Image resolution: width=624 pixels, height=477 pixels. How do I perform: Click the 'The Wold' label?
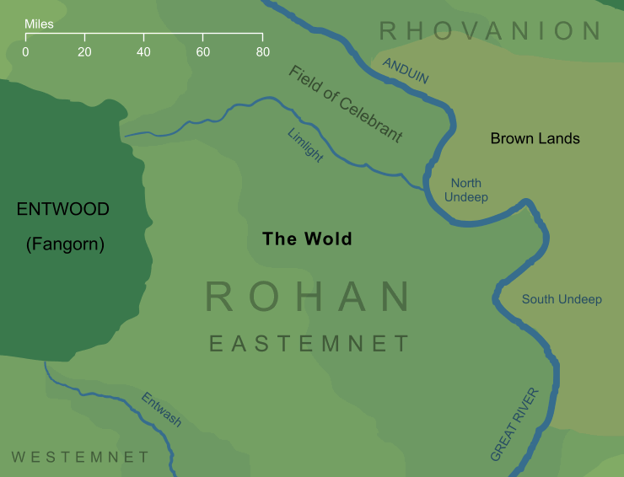coord(307,239)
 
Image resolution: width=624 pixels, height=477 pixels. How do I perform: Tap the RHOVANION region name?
coord(490,32)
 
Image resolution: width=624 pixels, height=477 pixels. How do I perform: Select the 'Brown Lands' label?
coord(535,138)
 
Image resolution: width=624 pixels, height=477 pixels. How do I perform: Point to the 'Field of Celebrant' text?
coord(345,104)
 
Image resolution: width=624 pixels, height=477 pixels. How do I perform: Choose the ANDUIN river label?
coord(406,72)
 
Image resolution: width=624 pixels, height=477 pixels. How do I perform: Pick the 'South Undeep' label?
coord(562,299)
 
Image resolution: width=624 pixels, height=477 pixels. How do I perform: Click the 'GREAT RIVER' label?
coord(514,424)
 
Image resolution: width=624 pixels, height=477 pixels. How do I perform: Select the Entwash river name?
coord(160,410)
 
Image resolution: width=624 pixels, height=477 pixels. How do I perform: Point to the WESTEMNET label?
coord(80,457)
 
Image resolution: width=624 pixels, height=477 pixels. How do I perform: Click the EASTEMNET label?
coord(309,344)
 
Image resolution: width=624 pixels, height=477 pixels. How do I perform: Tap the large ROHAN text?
coord(308,297)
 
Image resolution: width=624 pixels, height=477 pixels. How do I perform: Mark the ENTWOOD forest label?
coord(63,210)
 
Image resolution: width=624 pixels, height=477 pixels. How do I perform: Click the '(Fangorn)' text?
coord(64,245)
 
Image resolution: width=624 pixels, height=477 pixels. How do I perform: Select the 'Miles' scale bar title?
coord(39,24)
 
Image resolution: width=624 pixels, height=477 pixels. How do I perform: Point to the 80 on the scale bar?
coord(262,52)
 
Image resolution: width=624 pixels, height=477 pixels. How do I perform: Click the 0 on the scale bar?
coord(25,52)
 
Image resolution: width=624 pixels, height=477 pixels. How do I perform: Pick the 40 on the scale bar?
coord(143,52)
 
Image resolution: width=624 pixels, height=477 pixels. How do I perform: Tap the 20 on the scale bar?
coord(84,52)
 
